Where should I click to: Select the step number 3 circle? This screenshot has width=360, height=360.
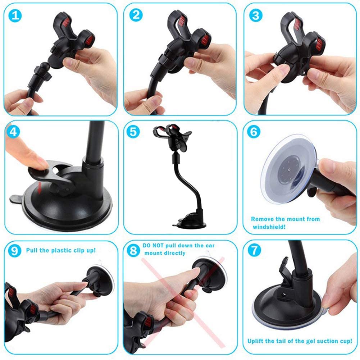[x=255, y=15]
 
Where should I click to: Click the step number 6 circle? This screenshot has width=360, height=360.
[x=254, y=132]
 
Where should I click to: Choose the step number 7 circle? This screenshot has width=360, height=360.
[x=254, y=250]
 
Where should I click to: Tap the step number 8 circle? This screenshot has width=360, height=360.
[x=134, y=250]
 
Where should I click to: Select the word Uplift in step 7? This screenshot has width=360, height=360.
[x=257, y=341]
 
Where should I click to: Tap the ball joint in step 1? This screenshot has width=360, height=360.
[x=44, y=67]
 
